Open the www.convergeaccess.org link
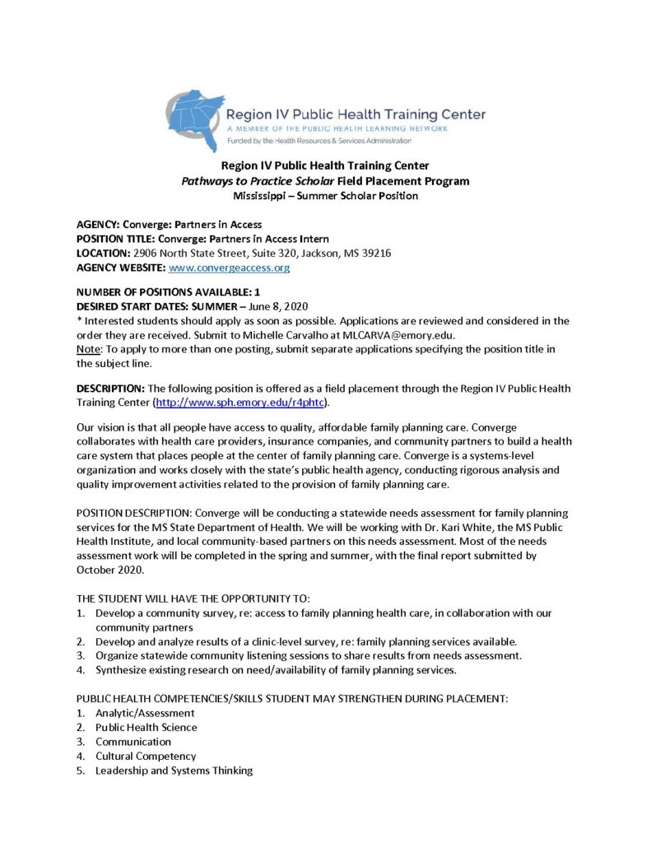coord(229,268)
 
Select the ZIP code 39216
coord(377,253)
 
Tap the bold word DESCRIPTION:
coord(110,388)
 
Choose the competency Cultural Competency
coord(146,756)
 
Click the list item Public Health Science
coord(146,727)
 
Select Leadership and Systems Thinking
coord(174,771)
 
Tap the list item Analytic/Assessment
coord(145,713)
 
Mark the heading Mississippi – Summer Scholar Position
coord(325,195)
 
